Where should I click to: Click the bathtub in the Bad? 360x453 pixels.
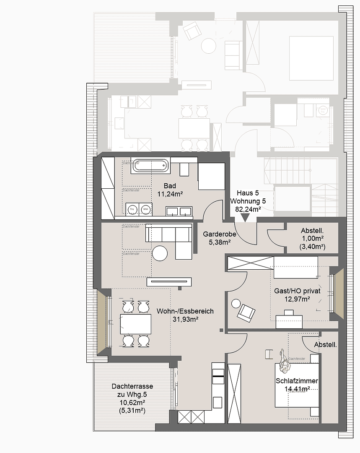coord(151,166)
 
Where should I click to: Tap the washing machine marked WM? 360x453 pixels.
coord(145,209)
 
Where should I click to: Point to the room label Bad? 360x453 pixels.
coord(170,186)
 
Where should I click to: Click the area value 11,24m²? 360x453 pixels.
coord(170,194)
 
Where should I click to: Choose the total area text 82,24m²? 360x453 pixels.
coord(246,209)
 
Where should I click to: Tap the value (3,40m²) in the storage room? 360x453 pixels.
coord(313,246)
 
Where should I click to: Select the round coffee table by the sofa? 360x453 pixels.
coord(160,253)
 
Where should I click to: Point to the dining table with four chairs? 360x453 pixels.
coord(135,324)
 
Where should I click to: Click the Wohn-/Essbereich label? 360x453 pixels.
coord(185,311)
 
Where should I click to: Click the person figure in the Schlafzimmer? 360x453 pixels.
coord(283,361)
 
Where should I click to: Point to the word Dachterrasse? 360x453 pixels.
coord(132,386)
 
